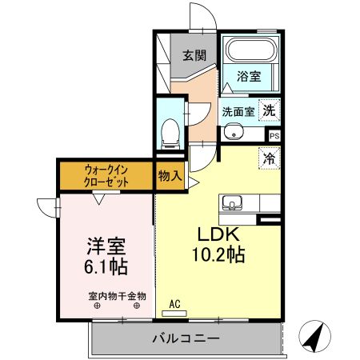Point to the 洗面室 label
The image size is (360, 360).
pos(238,112)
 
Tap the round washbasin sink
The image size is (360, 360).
pos(233,132)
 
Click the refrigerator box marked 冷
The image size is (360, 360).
pos(270,158)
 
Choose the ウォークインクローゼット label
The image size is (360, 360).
pos(106,175)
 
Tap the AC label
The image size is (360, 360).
pos(175,303)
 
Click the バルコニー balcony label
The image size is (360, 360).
pos(186,339)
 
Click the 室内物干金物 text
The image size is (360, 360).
pos(117,296)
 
